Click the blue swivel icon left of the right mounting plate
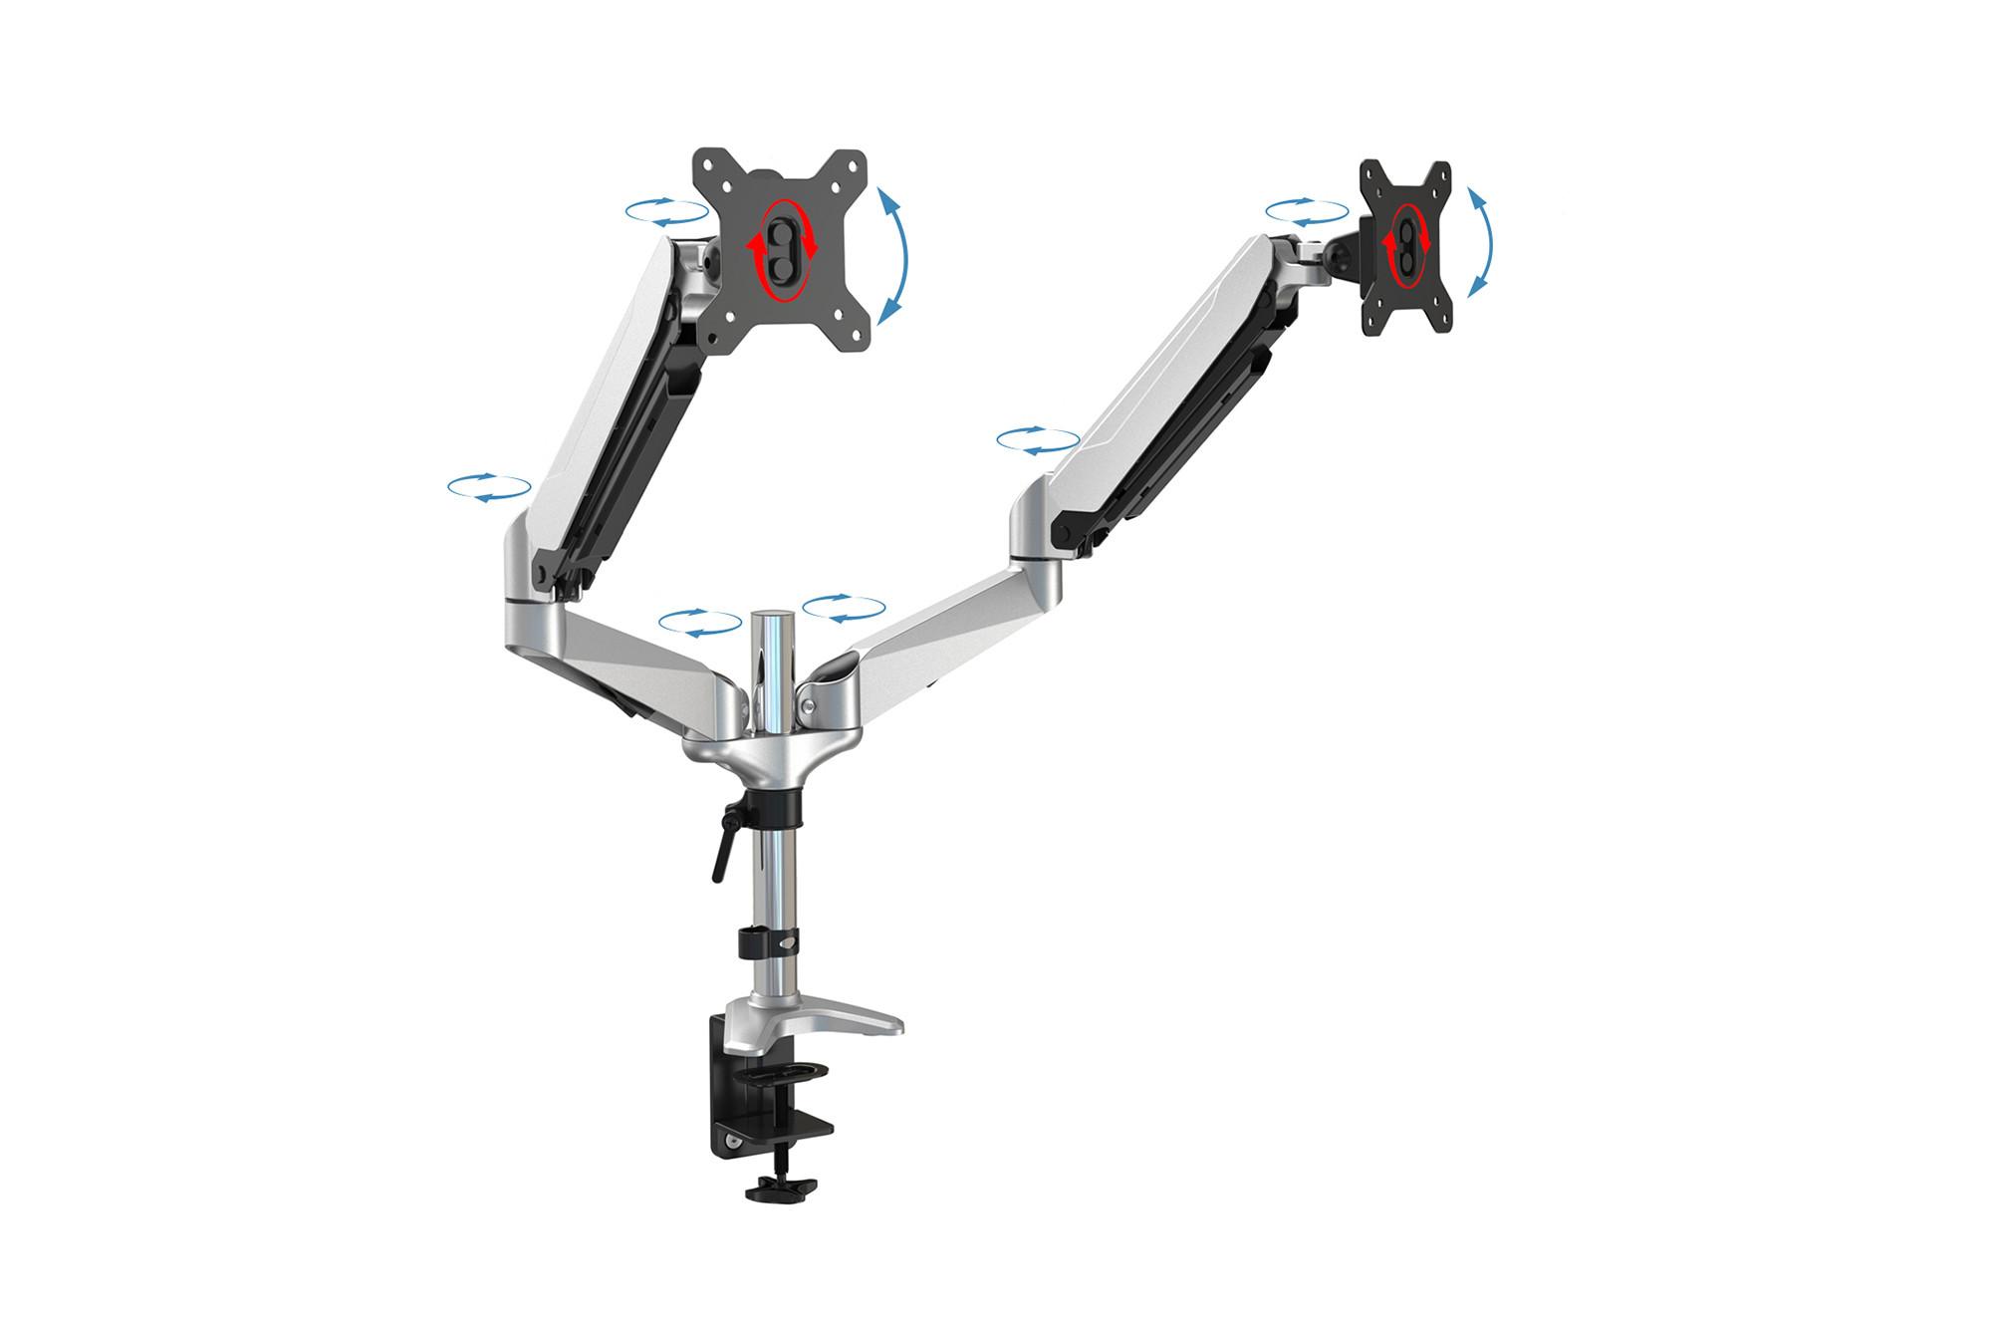pos(1306,211)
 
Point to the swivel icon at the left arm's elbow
pos(488,487)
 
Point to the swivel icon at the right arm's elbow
pos(1038,440)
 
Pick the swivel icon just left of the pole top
pos(700,622)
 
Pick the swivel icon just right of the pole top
pos(844,609)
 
